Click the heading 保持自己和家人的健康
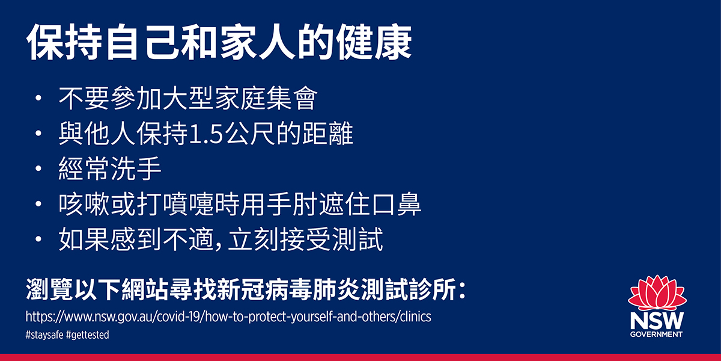pyautogui.click(x=219, y=42)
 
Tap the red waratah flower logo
pyautogui.click(x=657, y=293)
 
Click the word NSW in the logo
pyautogui.click(x=657, y=321)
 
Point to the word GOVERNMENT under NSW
pyautogui.click(x=656, y=335)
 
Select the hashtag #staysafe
pyautogui.click(x=44, y=335)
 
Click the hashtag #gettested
pyautogui.click(x=88, y=335)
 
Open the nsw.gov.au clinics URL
pyautogui.click(x=228, y=317)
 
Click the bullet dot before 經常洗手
pyautogui.click(x=38, y=168)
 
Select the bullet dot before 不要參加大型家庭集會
pyautogui.click(x=38, y=97)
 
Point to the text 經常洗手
pyautogui.click(x=110, y=168)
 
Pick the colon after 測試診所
pyautogui.click(x=462, y=290)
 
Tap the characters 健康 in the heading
pyautogui.click(x=374, y=42)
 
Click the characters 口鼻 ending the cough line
pyautogui.click(x=396, y=204)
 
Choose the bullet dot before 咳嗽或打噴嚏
pyautogui.click(x=38, y=204)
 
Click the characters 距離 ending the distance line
pyautogui.click(x=327, y=133)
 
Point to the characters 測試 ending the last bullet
pyautogui.click(x=357, y=239)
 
